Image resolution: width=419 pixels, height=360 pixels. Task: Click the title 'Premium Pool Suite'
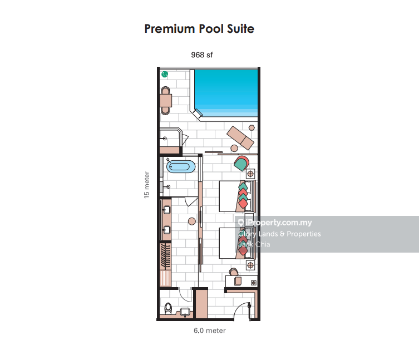point(199,29)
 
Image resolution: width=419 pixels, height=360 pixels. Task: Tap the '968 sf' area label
point(202,55)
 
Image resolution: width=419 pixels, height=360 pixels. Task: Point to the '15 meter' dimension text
point(146,185)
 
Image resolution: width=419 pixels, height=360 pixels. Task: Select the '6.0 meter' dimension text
point(210,331)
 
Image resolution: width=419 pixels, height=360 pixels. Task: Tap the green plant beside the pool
point(165,75)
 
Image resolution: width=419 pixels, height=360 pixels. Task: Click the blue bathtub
point(181,167)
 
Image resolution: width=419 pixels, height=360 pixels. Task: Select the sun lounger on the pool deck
point(240,138)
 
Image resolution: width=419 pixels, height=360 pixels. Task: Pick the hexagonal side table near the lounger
point(252,128)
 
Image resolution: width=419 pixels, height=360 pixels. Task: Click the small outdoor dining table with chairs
point(166,101)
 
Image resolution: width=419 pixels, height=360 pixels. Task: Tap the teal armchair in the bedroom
point(241,163)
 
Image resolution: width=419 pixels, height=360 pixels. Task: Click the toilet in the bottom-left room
point(168,308)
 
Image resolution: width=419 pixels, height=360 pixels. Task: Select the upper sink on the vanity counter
point(166,210)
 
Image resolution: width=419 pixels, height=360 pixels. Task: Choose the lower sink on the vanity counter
point(166,230)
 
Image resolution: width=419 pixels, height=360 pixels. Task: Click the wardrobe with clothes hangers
point(165,256)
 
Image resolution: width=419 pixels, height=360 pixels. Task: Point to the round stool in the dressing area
point(192,221)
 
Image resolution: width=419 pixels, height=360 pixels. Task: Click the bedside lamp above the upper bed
point(250,174)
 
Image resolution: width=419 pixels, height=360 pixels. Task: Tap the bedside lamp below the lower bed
point(250,265)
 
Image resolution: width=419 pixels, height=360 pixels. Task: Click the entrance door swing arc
point(239,307)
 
